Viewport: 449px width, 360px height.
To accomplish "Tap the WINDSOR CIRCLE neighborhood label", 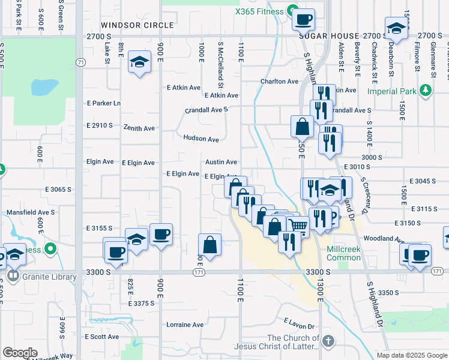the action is click(x=137, y=25).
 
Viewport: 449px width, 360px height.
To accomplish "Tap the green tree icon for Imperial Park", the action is click(x=426, y=90).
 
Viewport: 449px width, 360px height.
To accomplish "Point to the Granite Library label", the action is click(x=50, y=277).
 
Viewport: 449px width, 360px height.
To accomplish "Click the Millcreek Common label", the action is click(x=344, y=253).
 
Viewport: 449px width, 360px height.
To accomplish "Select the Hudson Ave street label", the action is click(x=201, y=139).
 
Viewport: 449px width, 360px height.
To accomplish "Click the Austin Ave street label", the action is click(x=221, y=162).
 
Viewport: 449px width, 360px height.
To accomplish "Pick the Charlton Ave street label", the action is click(x=279, y=82).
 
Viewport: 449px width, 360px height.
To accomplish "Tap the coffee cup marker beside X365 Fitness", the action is click(x=304, y=19).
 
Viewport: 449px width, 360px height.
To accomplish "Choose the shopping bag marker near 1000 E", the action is click(x=210, y=245).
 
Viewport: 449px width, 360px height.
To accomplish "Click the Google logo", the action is click(x=20, y=353).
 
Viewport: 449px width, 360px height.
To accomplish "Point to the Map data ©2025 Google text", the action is click(x=411, y=355).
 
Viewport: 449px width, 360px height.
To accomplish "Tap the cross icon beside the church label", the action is click(x=327, y=341).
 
